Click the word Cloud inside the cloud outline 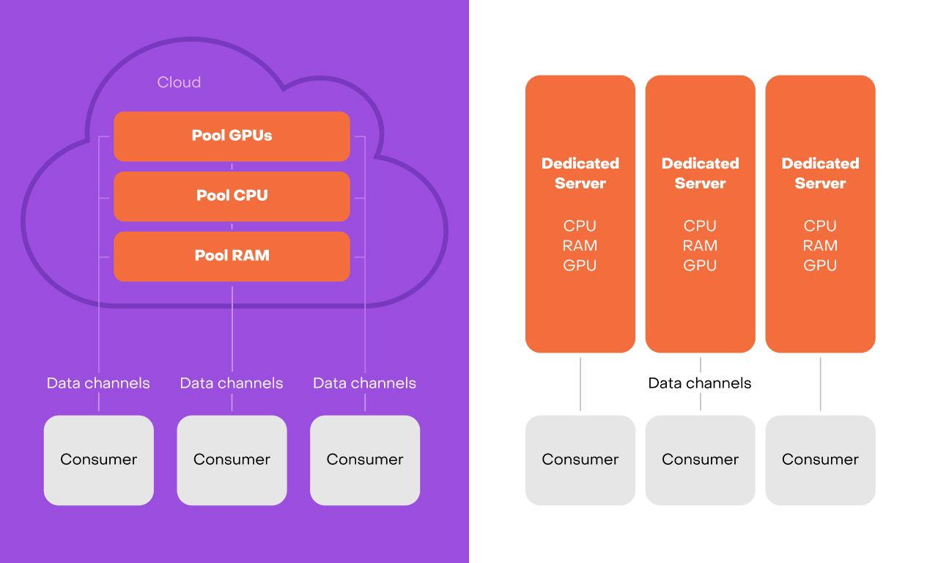(x=179, y=82)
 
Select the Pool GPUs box (x=232, y=136)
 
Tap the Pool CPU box (x=232, y=196)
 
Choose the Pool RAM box (x=232, y=256)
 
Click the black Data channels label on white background (x=700, y=383)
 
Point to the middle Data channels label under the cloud (x=232, y=383)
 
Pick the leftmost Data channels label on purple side (x=98, y=383)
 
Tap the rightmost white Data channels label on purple (x=364, y=383)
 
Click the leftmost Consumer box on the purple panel (x=99, y=460)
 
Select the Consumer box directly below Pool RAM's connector (x=232, y=460)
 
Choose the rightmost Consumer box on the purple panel (x=365, y=460)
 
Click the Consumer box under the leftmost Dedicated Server (x=580, y=460)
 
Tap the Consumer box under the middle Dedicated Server (x=700, y=460)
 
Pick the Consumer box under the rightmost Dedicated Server (x=820, y=460)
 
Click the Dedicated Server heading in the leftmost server (x=580, y=173)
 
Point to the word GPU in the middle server (x=700, y=265)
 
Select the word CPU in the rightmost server (x=820, y=226)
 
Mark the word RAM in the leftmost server (x=580, y=246)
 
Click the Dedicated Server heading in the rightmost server (x=820, y=173)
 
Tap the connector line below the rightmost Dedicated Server (x=820, y=384)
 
